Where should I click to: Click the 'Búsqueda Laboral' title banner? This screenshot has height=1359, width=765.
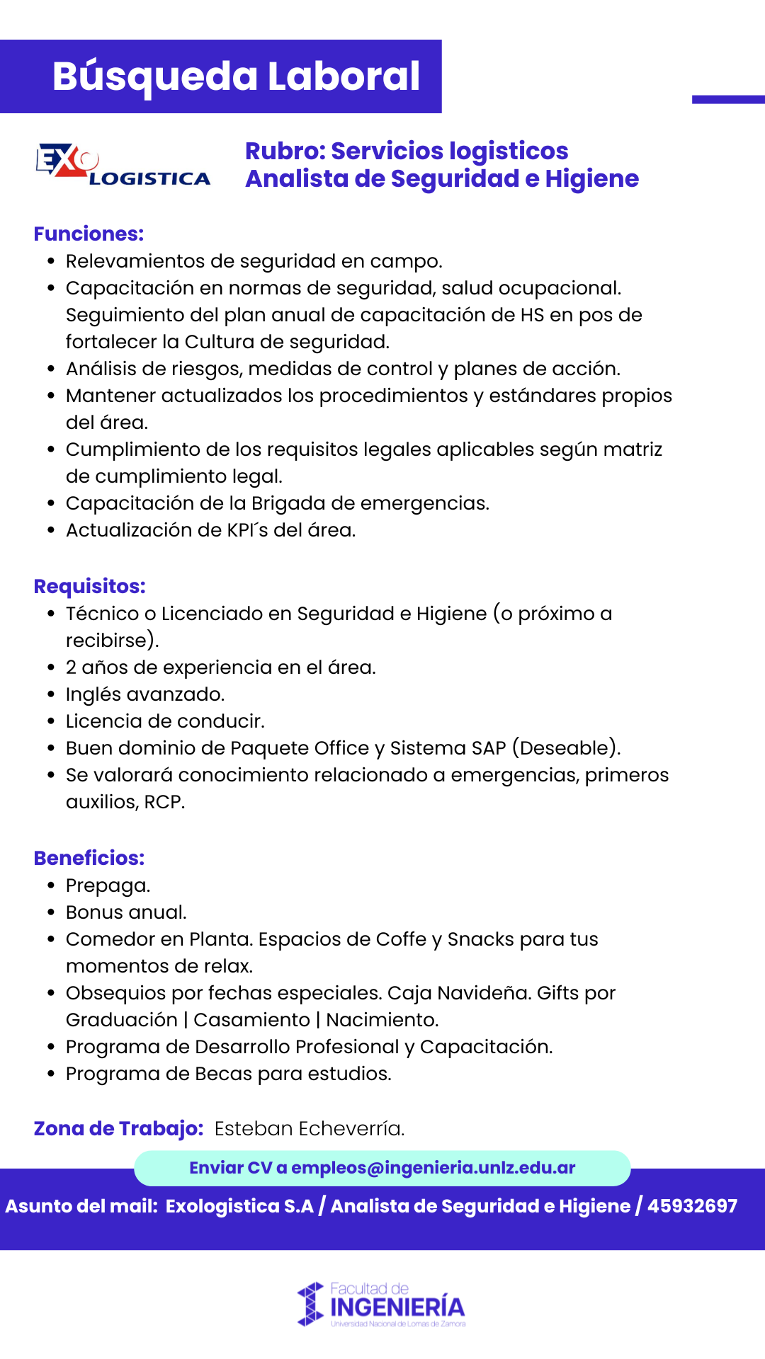(x=236, y=76)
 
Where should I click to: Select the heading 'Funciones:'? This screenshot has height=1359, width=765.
(x=89, y=234)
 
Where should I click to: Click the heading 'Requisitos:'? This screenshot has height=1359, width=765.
(x=90, y=586)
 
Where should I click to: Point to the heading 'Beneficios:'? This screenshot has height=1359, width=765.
(x=89, y=858)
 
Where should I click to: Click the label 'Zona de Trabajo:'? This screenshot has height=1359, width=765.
(x=118, y=1128)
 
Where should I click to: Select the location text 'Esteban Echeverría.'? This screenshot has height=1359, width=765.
(x=310, y=1128)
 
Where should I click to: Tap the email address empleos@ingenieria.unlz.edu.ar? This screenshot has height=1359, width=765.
(x=433, y=1168)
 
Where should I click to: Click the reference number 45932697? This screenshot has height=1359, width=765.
(x=692, y=1206)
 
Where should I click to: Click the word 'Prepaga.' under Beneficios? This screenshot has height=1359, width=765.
(x=108, y=885)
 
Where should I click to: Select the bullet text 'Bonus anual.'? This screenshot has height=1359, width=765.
(x=126, y=912)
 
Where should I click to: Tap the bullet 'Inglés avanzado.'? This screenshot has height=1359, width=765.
(x=145, y=694)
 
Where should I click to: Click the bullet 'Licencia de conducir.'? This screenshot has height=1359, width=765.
(x=165, y=721)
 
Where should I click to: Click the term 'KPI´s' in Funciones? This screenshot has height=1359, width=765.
(x=248, y=530)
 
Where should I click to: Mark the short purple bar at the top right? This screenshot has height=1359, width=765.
(x=728, y=100)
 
